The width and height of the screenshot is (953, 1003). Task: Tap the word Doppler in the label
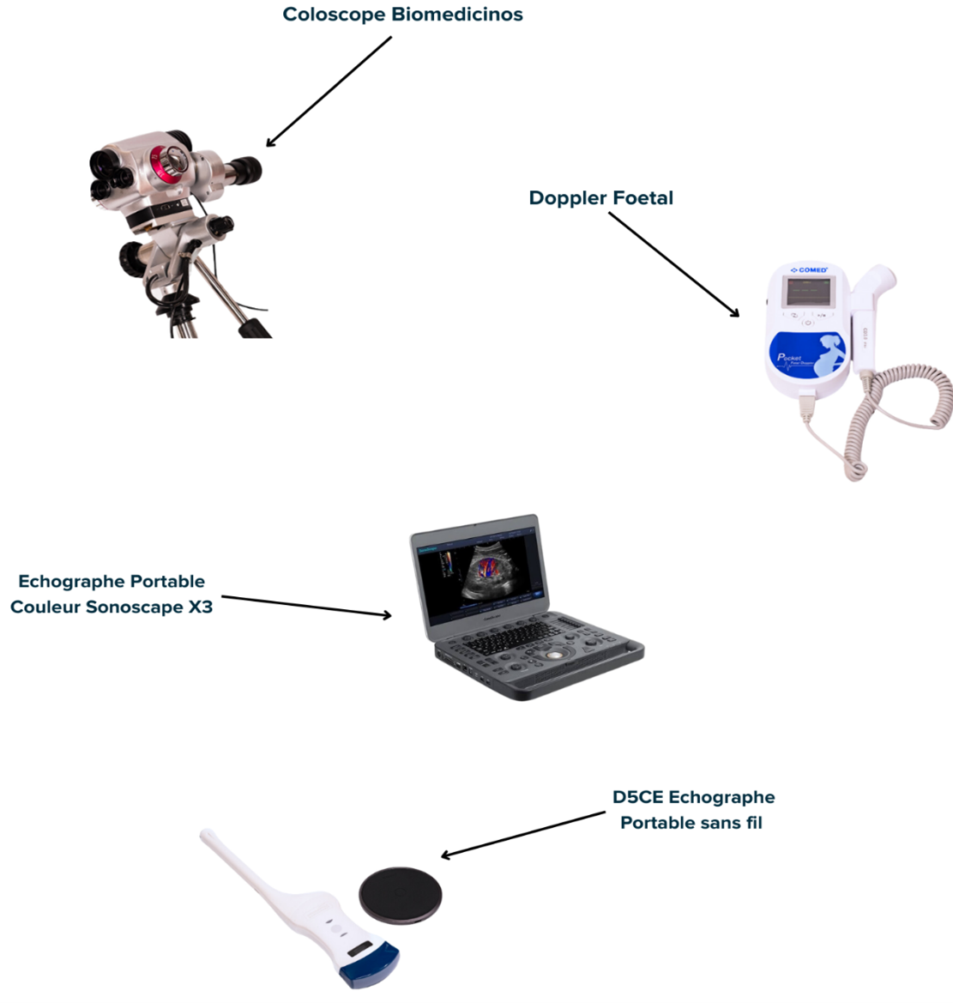(563, 198)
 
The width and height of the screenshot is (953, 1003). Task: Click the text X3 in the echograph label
(200, 607)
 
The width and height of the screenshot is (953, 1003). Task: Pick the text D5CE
(637, 797)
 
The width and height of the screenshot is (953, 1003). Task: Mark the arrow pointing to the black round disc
(523, 834)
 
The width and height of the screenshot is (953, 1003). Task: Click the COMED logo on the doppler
(810, 270)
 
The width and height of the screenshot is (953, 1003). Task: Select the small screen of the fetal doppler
(810, 293)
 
